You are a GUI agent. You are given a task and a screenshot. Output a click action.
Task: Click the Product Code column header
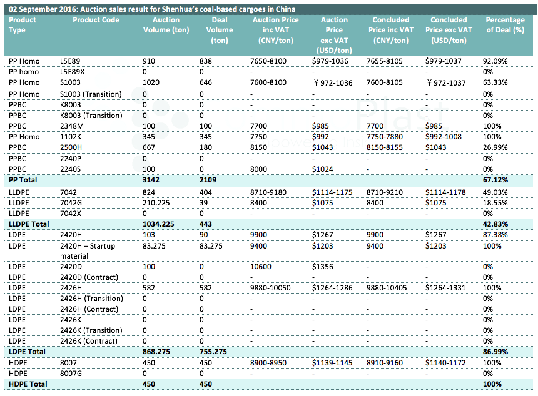pyautogui.click(x=96, y=20)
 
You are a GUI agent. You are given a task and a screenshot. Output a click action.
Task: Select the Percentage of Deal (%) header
pyautogui.click(x=505, y=24)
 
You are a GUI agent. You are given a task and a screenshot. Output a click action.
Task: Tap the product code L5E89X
pyautogui.click(x=72, y=72)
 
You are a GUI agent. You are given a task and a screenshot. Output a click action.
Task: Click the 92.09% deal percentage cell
pyautogui.click(x=495, y=61)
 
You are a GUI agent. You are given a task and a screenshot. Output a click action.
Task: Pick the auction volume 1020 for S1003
pyautogui.click(x=151, y=82)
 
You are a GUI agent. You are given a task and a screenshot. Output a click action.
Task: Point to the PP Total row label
pyautogui.click(x=23, y=180)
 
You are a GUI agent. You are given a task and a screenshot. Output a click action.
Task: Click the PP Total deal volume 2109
pyautogui.click(x=208, y=180)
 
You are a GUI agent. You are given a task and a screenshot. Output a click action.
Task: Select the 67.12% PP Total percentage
pyautogui.click(x=495, y=180)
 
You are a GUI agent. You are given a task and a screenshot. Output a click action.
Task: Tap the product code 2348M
pyautogui.click(x=72, y=126)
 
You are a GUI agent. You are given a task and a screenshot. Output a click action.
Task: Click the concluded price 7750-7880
pyautogui.click(x=385, y=137)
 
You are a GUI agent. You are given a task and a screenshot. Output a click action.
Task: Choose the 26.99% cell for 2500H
pyautogui.click(x=495, y=147)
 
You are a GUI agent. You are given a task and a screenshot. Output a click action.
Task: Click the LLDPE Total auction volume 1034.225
pyautogui.click(x=158, y=224)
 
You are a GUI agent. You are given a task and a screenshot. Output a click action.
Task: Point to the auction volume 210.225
pyautogui.click(x=156, y=203)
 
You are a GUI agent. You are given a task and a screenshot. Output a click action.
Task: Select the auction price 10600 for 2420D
pyautogui.click(x=261, y=267)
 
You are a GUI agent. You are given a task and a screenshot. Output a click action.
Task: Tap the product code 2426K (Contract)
pyautogui.click(x=89, y=341)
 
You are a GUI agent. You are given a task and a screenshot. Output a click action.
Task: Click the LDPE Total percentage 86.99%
pyautogui.click(x=495, y=352)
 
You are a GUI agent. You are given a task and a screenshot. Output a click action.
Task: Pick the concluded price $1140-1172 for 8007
pyautogui.click(x=445, y=363)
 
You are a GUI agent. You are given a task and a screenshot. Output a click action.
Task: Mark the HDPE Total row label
pyautogui.click(x=28, y=384)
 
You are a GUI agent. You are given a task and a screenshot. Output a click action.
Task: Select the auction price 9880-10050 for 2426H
pyautogui.click(x=270, y=288)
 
